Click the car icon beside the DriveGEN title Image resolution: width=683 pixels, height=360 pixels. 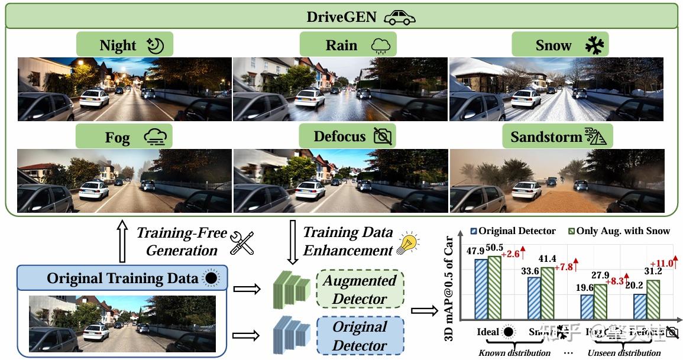(x=400, y=17)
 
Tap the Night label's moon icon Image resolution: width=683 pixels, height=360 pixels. (x=155, y=46)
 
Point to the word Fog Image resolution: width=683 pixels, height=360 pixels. (x=117, y=138)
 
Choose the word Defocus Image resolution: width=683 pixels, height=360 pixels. (x=339, y=137)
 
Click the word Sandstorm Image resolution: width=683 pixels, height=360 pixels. (x=546, y=137)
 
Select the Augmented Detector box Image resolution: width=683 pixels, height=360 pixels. (x=360, y=289)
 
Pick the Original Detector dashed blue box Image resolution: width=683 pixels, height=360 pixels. (x=360, y=335)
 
